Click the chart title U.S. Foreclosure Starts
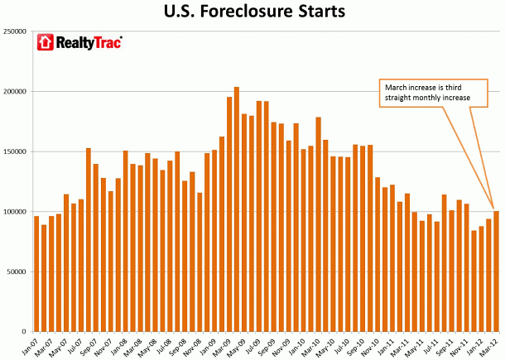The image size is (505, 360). click(252, 13)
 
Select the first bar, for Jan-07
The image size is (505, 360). click(36, 273)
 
